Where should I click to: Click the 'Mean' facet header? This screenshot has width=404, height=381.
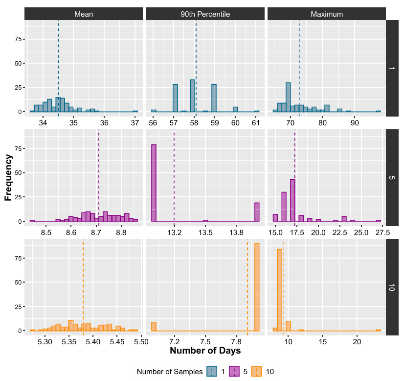coord(83,14)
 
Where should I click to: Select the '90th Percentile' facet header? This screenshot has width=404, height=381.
coord(205,14)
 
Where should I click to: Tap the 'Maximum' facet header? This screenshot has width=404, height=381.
coord(326,14)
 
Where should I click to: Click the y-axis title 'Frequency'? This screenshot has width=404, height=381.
coord(8,177)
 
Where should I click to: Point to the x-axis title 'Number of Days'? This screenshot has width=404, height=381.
coord(205,351)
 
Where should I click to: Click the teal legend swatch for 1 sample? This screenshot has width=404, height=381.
coord(212,372)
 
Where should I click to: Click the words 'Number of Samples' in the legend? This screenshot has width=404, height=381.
coord(170,372)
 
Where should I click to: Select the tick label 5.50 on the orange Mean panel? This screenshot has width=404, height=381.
coord(141,341)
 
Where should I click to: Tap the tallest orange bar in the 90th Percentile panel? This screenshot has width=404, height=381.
coord(257,287)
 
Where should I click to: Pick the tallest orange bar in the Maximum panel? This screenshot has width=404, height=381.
coord(280,290)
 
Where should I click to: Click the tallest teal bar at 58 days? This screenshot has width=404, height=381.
coord(193,96)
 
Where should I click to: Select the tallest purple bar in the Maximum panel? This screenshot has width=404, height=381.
coord(292,200)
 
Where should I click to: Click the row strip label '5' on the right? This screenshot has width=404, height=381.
coord(391,177)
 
